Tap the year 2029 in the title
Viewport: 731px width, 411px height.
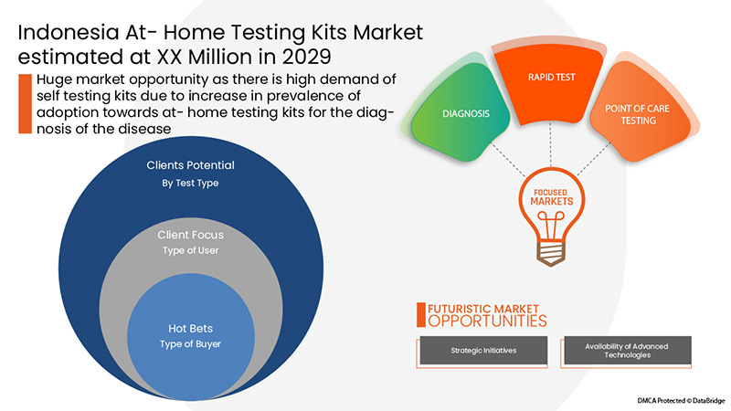[304, 57]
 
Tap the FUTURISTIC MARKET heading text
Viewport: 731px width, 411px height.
[483, 308]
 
